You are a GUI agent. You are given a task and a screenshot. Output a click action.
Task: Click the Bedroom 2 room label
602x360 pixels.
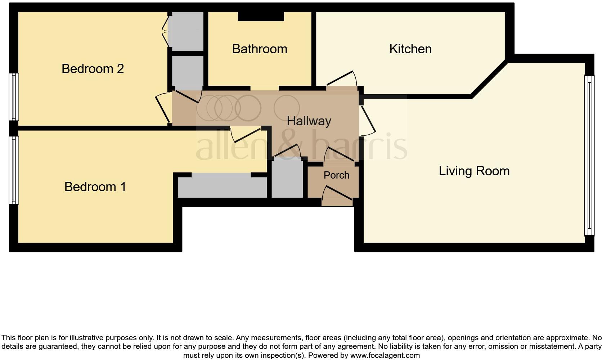point(93,68)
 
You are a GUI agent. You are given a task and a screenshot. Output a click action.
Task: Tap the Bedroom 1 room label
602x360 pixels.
point(95,186)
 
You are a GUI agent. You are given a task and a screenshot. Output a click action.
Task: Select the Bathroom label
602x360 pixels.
point(260,49)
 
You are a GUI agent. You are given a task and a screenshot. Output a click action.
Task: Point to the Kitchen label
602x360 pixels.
point(410,49)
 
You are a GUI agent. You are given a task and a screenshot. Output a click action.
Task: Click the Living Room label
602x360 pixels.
point(474,171)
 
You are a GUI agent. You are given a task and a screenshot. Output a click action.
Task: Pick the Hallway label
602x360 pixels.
point(309,121)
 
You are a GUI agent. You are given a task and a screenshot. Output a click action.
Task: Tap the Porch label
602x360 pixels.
point(336,175)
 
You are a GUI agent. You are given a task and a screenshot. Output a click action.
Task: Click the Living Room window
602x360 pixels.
point(589,156)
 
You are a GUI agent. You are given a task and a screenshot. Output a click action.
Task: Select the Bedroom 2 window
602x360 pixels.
point(13,96)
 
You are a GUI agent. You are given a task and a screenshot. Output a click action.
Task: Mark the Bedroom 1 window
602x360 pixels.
point(13,170)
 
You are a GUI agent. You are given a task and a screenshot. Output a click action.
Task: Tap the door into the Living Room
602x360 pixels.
point(368,120)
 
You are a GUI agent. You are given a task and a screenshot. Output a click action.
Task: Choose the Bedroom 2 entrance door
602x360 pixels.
point(162,108)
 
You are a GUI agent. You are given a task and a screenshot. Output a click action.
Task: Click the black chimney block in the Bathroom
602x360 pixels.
point(261,16)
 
